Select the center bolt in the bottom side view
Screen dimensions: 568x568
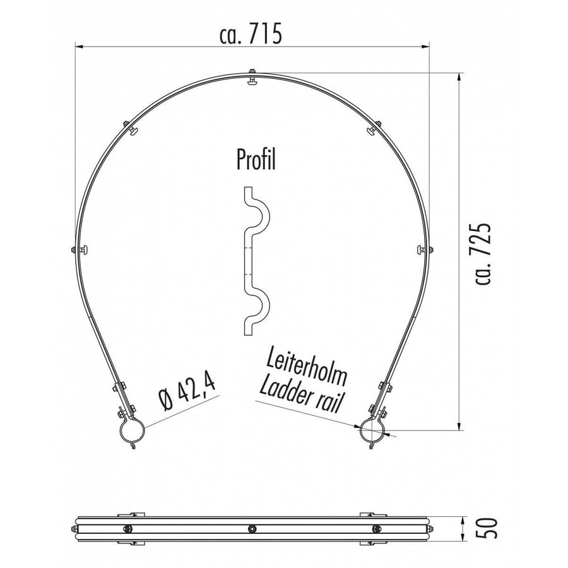(252, 528)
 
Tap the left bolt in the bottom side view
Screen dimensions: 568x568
(127, 528)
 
